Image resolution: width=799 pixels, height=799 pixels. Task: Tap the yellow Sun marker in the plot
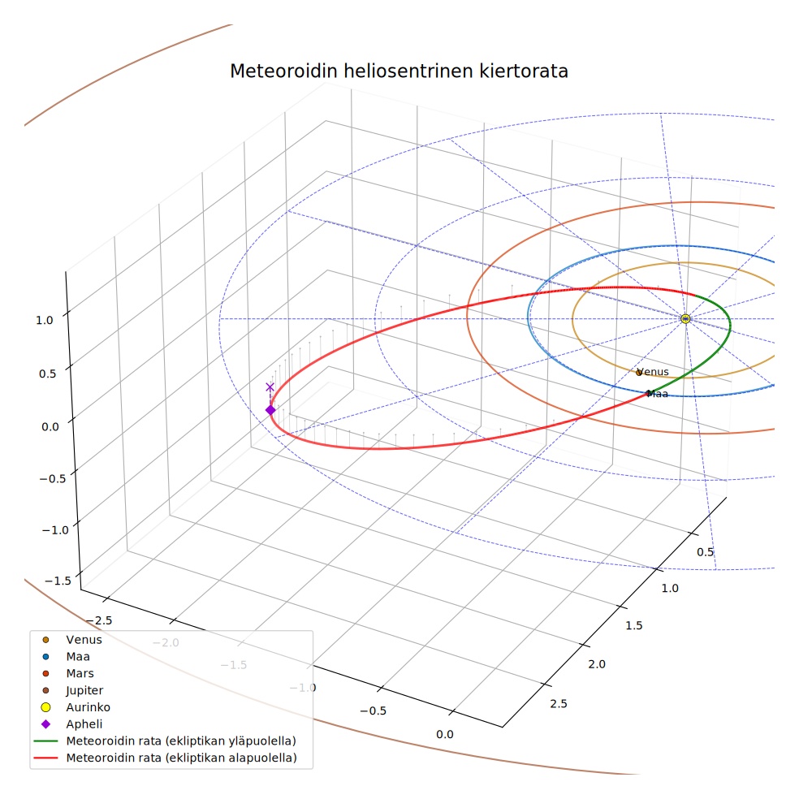click(685, 318)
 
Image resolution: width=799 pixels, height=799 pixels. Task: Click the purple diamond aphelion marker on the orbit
click(270, 410)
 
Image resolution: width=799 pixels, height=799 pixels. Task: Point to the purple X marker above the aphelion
click(270, 387)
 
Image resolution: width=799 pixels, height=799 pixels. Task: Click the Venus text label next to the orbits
click(653, 371)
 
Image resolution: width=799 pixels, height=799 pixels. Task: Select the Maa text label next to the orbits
click(658, 393)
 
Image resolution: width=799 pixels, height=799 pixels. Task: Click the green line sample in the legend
click(45, 741)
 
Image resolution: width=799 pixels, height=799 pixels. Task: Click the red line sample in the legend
click(45, 758)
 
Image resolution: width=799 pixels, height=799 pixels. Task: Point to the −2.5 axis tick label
click(99, 620)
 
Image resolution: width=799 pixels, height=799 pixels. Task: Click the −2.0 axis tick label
click(166, 642)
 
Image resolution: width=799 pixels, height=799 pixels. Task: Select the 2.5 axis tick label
click(559, 703)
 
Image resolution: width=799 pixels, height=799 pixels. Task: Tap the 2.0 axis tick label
click(597, 664)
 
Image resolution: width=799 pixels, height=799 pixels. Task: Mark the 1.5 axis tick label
click(634, 625)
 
